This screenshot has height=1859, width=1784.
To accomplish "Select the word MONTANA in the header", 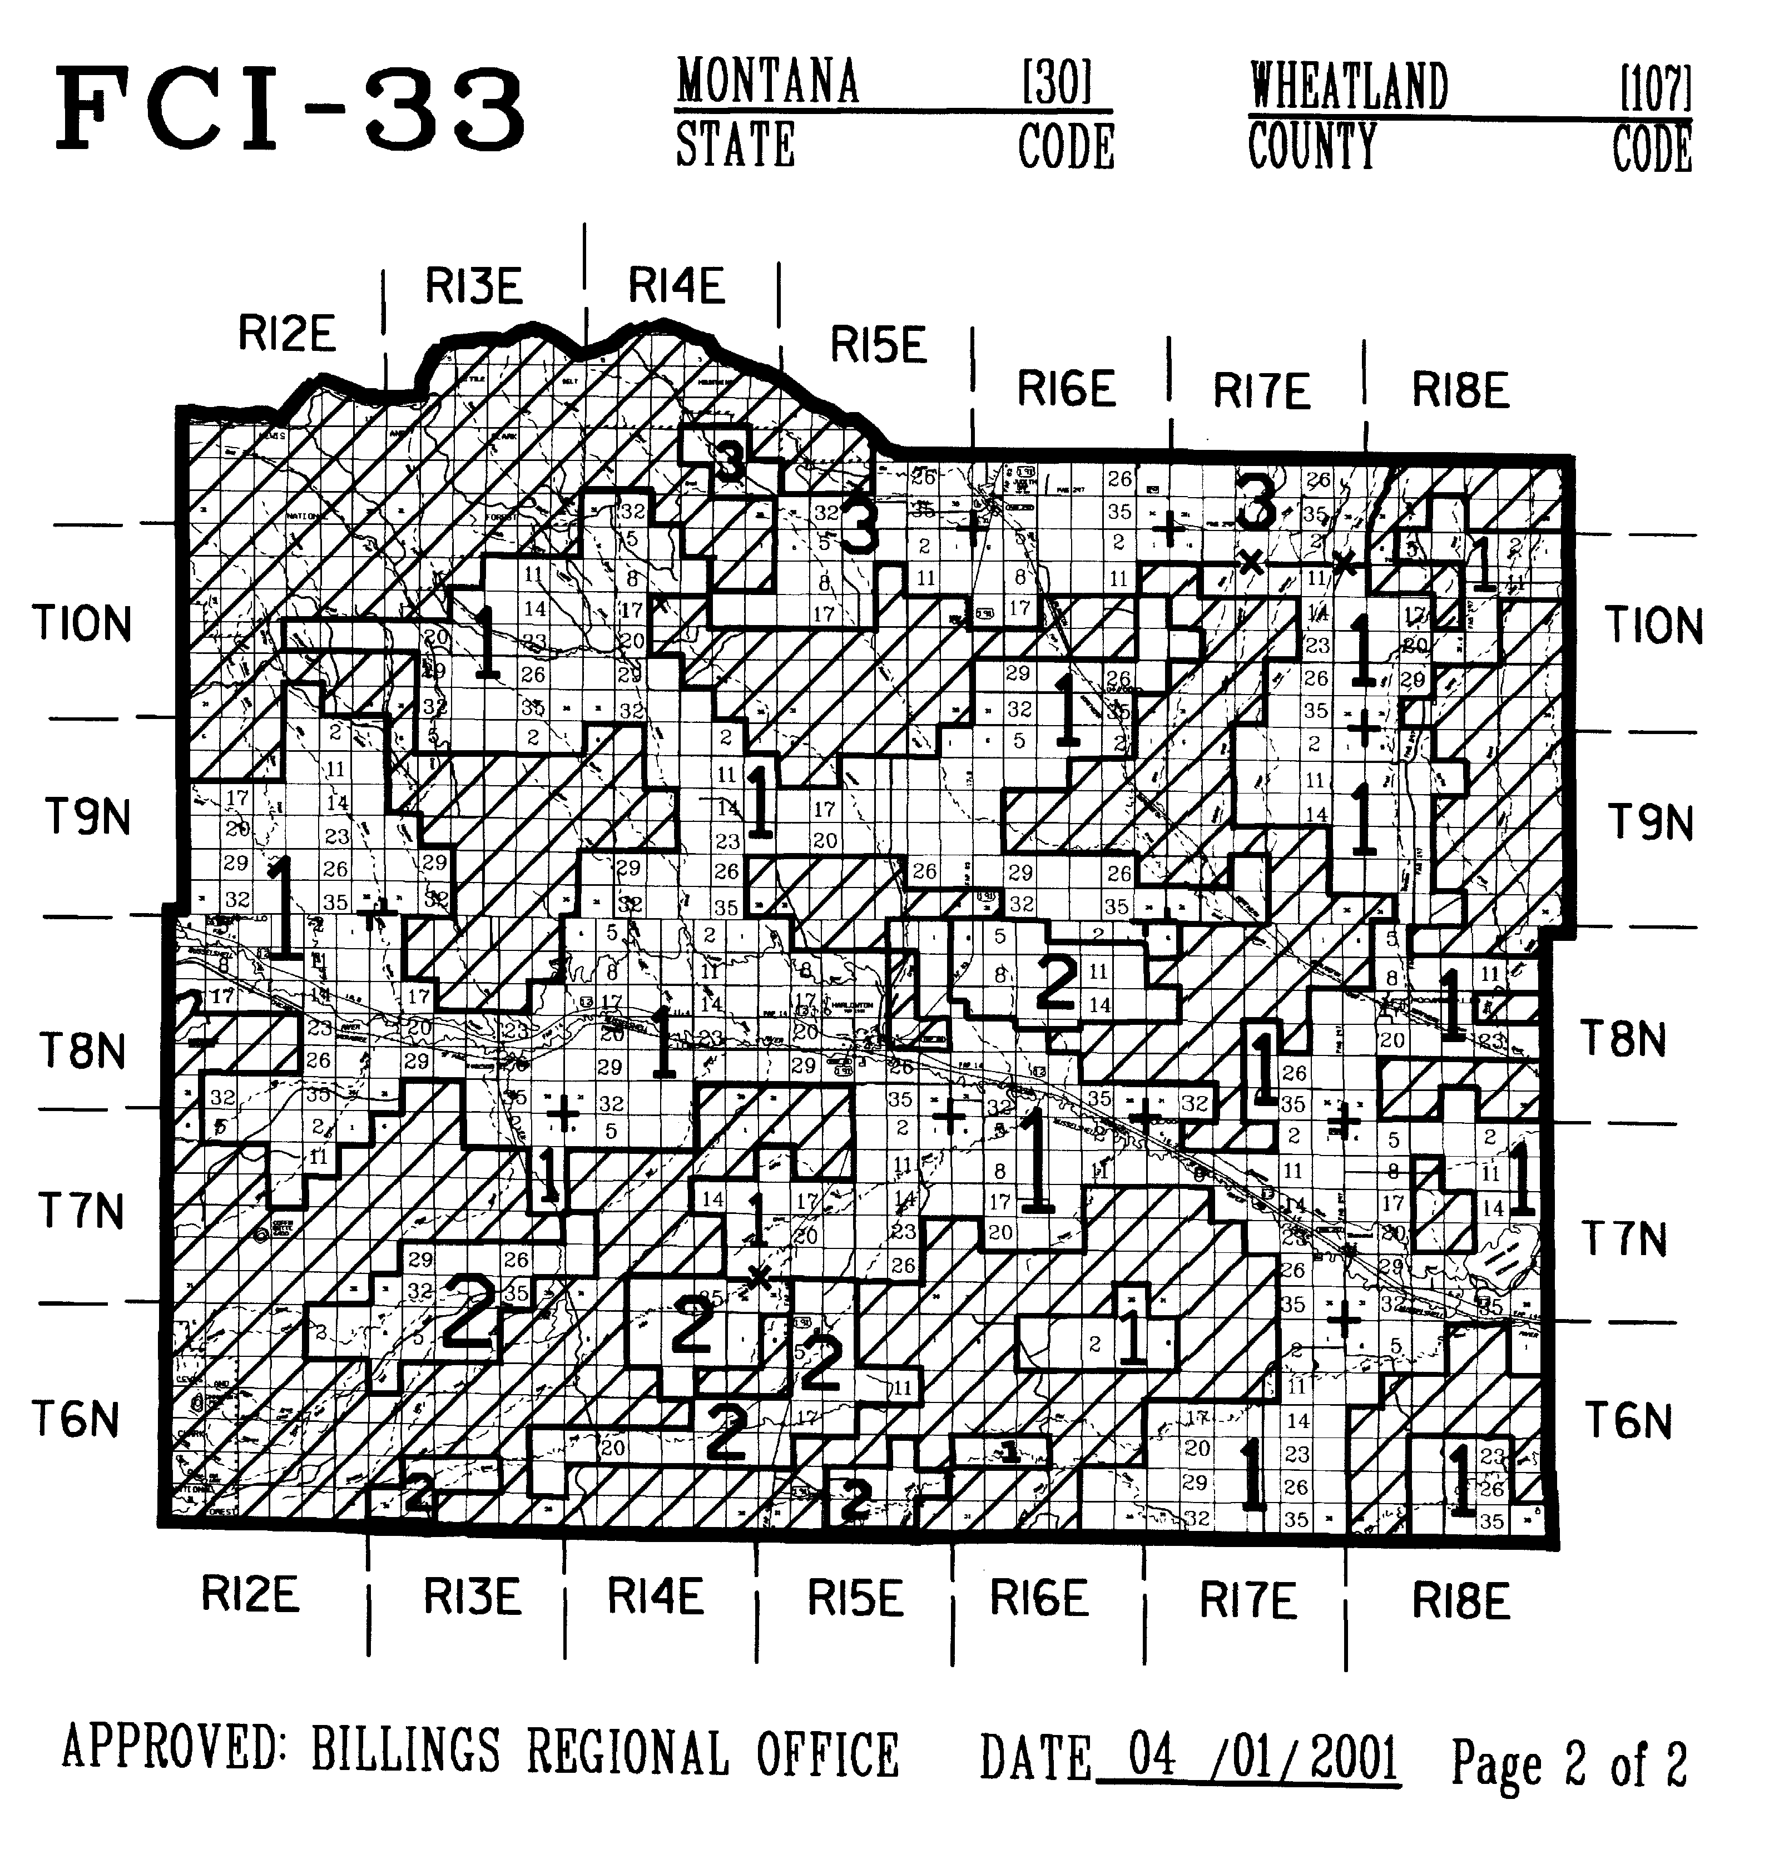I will (767, 82).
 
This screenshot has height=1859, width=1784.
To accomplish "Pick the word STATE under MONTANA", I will (735, 146).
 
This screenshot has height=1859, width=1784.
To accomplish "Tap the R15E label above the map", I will (878, 345).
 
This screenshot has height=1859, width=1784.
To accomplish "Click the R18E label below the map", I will (1460, 1602).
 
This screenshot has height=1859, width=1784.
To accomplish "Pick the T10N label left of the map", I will (82, 624).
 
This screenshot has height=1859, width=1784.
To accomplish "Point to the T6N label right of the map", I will (1628, 1421).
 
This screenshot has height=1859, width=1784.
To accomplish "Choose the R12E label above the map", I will (286, 334).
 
